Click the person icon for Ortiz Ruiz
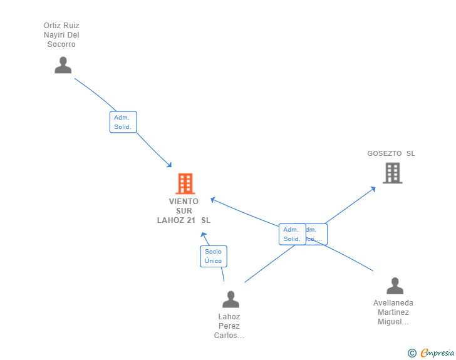pos(63,65)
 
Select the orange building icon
pos(185,183)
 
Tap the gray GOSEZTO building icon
pos(392,173)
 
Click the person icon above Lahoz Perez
pos(231,299)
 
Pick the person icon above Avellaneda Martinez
pos(395,286)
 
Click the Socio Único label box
pos(213,256)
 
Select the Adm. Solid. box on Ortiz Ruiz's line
pos(123,122)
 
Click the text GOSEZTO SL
pos(391,153)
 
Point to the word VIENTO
pos(184,202)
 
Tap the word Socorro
pos(61,44)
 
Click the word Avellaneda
pos(393,303)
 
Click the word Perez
pos(229,326)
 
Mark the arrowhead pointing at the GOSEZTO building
pos(373,188)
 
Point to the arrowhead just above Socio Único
pos(203,234)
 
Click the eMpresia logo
pos(437,353)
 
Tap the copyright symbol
pos(412,353)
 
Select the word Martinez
pos(393,312)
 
